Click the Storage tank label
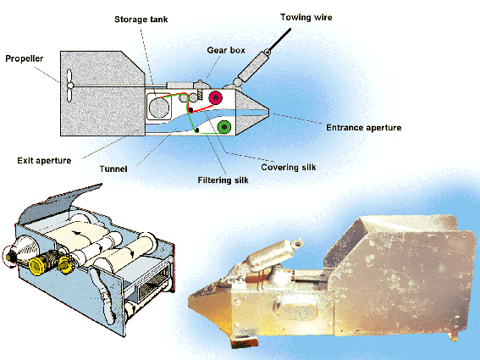[141, 19]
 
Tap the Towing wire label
[306, 17]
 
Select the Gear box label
[226, 50]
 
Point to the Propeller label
[25, 58]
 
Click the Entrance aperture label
[364, 127]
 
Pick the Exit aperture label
[44, 161]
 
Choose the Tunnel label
[113, 169]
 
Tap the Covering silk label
[289, 167]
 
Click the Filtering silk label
[223, 180]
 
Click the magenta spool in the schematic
[216, 97]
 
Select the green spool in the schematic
[224, 126]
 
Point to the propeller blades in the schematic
[69, 86]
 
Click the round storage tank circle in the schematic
[159, 108]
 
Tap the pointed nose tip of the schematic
[268, 109]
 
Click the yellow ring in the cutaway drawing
[36, 266]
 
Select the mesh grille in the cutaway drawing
[153, 285]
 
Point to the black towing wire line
[280, 40]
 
